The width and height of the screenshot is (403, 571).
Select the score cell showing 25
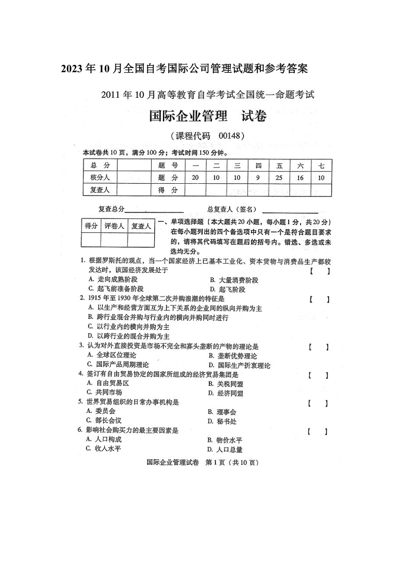pos(279,178)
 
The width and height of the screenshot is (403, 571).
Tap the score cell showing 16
pos(300,178)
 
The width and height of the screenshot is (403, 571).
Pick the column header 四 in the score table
pos(258,165)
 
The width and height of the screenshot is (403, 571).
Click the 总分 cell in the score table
pos(99,165)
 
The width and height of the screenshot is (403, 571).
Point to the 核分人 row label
pos(99,178)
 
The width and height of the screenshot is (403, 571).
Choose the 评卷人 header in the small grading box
pos(114,226)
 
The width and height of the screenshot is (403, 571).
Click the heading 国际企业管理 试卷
pos(208,117)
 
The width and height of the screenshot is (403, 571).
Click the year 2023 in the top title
pos(71,69)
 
